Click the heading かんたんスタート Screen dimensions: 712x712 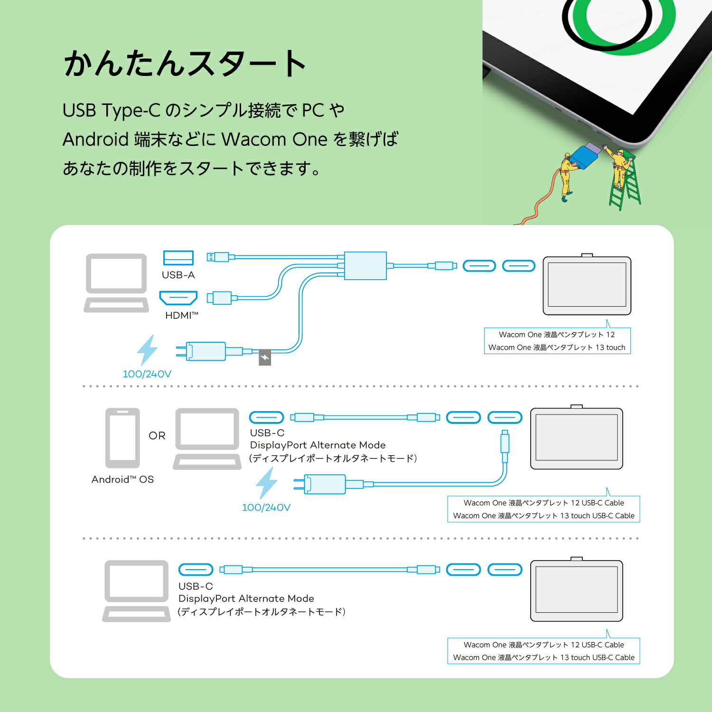coord(185,64)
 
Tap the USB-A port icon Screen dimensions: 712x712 coord(178,258)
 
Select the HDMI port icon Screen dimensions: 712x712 coord(178,298)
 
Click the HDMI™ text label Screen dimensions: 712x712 coord(181,316)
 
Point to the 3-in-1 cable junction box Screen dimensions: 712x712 coord(365,266)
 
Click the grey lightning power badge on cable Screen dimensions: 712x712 coord(264,357)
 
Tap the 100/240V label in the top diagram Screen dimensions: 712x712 coord(147,374)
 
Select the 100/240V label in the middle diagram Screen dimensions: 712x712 coord(266,507)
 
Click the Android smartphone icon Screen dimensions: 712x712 coord(122,438)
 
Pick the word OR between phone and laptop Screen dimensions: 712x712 coord(157,436)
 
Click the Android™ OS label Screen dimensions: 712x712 coord(122,479)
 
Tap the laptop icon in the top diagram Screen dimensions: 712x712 coord(116,283)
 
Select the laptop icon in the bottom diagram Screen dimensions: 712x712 coord(136,591)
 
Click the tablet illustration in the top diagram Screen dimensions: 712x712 coord(587,285)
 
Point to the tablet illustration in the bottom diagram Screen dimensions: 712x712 coord(576,590)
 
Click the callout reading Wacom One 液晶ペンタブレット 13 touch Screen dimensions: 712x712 coord(557,347)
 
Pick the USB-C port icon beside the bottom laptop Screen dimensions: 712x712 coord(196,570)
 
